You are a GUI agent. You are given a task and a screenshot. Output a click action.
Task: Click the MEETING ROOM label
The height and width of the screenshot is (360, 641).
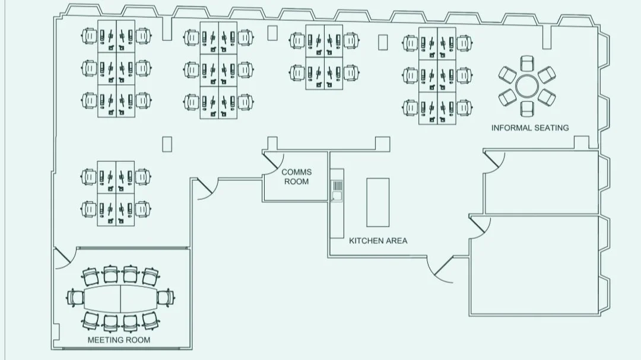(119, 340)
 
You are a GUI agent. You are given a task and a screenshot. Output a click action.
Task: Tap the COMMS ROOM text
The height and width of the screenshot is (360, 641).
(296, 177)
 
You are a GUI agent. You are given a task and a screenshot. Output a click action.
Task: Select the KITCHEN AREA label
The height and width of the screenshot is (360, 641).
(378, 241)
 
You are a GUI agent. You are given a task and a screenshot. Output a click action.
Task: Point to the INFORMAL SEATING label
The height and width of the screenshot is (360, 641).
(530, 128)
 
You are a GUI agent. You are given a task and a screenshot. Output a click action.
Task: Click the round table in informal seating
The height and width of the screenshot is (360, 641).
(526, 87)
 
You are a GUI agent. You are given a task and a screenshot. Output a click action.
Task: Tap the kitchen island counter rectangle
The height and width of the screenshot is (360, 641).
(377, 202)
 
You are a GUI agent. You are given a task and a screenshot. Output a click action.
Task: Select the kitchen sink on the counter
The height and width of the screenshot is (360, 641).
(337, 196)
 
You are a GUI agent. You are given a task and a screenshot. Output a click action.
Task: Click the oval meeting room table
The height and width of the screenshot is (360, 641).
(120, 297)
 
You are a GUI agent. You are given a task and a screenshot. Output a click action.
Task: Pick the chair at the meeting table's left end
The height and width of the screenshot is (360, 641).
(75, 297)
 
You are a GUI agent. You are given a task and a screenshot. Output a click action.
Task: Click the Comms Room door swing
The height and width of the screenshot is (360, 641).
(272, 164)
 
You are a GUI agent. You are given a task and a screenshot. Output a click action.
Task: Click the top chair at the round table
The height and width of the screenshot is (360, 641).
(526, 63)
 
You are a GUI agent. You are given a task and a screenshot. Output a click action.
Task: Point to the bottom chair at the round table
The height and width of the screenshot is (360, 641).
(526, 109)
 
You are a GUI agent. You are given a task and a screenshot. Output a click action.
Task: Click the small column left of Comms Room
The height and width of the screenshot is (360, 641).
(167, 144)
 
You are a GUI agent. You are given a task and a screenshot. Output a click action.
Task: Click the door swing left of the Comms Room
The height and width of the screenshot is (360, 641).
(204, 189)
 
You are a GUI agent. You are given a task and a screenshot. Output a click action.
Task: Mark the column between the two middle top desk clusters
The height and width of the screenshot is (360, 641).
(272, 33)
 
